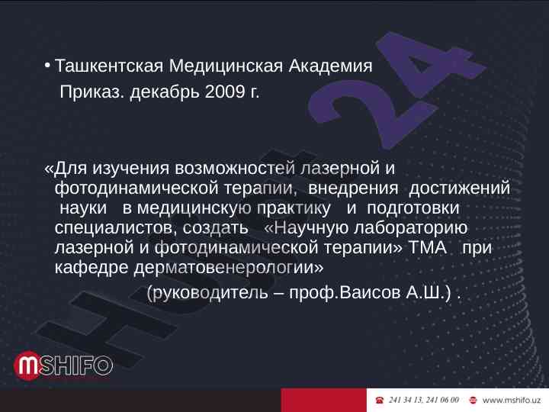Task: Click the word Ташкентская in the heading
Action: (109, 66)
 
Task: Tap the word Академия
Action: (330, 66)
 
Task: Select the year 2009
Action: (225, 92)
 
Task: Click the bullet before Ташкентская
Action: (47, 66)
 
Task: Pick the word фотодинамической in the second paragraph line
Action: (136, 188)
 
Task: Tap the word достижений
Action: (459, 188)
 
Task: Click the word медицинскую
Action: (194, 208)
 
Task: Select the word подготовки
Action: (413, 208)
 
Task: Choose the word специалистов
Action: (114, 228)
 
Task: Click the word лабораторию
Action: (411, 228)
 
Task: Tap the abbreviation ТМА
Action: (428, 248)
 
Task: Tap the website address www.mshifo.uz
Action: (512, 400)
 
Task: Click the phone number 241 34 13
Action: (404, 400)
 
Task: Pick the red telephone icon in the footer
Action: (379, 400)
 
